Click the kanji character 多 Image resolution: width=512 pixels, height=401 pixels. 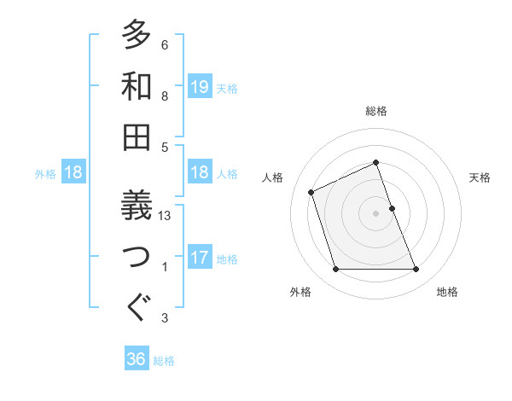click(137, 35)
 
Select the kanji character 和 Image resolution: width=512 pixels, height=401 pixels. click(137, 85)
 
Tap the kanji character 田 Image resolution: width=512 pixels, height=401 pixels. click(137, 137)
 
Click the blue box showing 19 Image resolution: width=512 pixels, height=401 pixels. click(200, 86)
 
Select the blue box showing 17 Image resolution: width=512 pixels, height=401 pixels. click(200, 258)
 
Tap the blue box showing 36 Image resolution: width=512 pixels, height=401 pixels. click(137, 359)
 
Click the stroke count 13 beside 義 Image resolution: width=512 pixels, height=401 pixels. click(166, 216)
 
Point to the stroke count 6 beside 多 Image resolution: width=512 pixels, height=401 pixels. click(165, 45)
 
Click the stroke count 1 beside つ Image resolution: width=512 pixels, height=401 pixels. click(165, 267)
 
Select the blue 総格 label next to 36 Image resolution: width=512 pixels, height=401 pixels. click(164, 361)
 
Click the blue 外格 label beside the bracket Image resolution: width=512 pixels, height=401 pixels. click(45, 173)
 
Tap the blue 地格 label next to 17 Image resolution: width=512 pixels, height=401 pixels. click(227, 259)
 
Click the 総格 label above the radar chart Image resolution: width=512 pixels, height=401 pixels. click(375, 112)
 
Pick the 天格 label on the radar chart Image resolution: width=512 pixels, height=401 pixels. click(480, 177)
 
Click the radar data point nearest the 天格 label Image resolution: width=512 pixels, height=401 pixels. click(392, 207)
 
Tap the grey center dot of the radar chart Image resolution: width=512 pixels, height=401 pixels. click(375, 212)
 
